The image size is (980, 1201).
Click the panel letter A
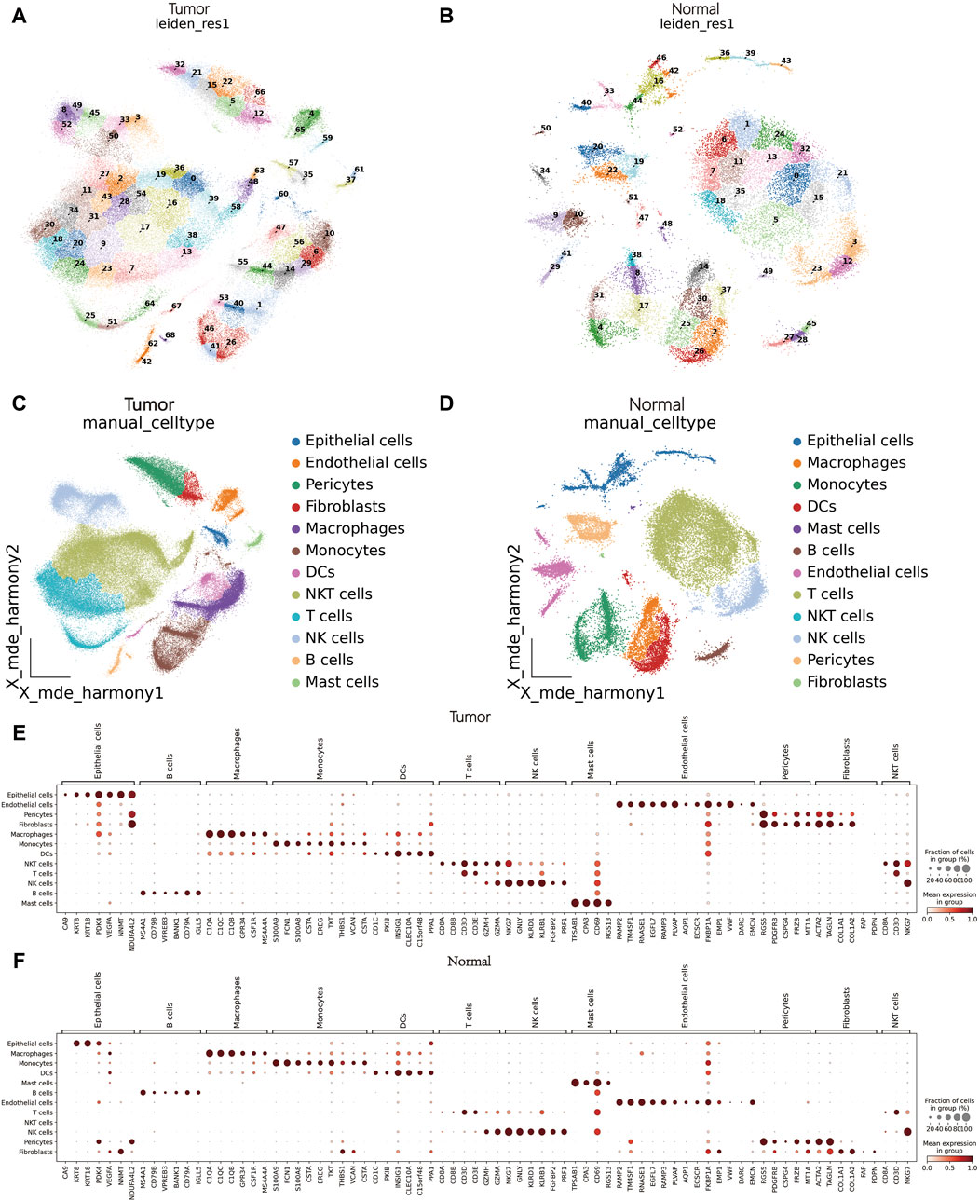[17, 16]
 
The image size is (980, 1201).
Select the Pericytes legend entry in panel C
[338, 484]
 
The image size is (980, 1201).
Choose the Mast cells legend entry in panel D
[842, 528]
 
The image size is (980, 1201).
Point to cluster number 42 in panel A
[146, 361]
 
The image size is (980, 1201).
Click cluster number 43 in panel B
[786, 61]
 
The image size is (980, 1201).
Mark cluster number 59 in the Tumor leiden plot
[327, 139]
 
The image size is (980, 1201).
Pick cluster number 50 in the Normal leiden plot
[545, 129]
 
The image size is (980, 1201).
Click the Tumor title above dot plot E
[470, 717]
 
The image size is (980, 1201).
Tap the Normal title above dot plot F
[470, 962]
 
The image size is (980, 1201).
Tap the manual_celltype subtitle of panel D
[649, 423]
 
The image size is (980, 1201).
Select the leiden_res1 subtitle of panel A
[189, 23]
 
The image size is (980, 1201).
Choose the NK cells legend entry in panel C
[334, 638]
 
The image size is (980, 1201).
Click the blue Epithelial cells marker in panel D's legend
[796, 441]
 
